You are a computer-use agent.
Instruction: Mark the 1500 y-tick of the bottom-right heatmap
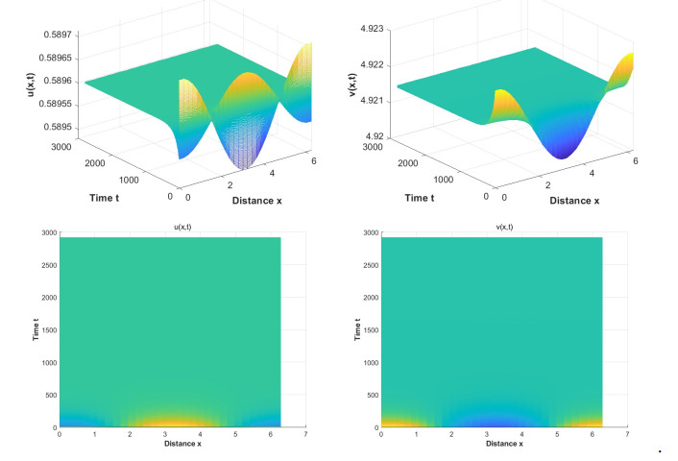pos(370,332)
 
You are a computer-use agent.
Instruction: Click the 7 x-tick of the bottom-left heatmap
pos(305,434)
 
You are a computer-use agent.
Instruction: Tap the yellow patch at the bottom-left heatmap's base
pos(173,420)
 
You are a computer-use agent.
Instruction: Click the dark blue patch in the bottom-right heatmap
pos(492,423)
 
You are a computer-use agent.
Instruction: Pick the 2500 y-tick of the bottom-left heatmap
pos(48,270)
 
